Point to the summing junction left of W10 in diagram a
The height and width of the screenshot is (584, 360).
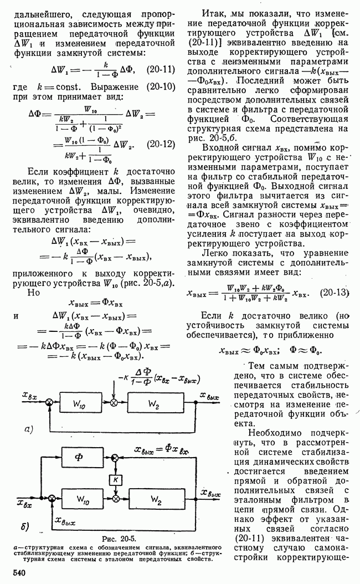[x=49, y=403]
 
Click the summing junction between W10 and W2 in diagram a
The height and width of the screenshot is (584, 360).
[x=115, y=403]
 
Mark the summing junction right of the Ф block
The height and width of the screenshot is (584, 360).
[x=115, y=458]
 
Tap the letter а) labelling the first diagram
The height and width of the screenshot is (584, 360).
[x=30, y=428]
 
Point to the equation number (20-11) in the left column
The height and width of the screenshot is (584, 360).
[x=158, y=70]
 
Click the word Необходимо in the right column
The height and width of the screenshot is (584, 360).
[x=273, y=433]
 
